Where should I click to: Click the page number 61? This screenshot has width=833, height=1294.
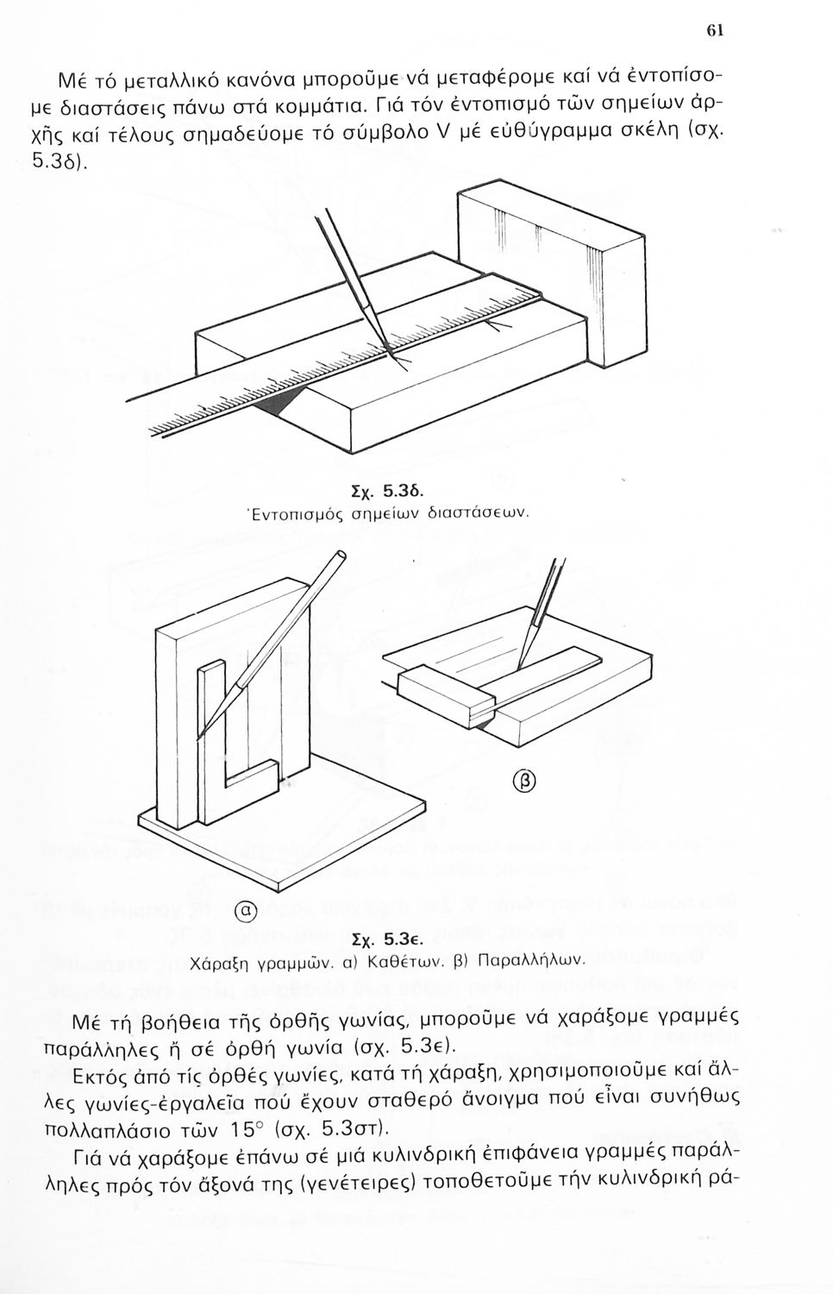click(714, 29)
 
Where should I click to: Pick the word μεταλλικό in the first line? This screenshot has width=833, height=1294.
click(164, 84)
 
